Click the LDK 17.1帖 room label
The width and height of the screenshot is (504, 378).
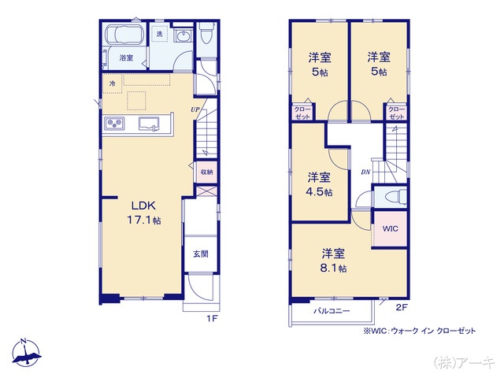pyautogui.click(x=145, y=213)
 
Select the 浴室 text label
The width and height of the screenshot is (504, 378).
pyautogui.click(x=125, y=58)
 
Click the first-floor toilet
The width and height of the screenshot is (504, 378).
pyautogui.click(x=206, y=34)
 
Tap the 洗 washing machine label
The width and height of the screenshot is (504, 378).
pyautogui.click(x=159, y=34)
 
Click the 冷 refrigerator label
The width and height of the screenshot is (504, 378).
pyautogui.click(x=113, y=83)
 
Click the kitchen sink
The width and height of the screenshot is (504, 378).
pyautogui.click(x=150, y=123)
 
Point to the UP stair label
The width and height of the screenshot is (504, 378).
pyautogui.click(x=194, y=109)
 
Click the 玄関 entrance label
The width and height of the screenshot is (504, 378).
pyautogui.click(x=201, y=254)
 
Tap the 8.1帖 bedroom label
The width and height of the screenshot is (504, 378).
pyautogui.click(x=333, y=261)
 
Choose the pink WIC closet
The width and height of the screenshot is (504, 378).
pyautogui.click(x=391, y=228)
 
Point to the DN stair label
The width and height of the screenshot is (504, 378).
pyautogui.click(x=365, y=172)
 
